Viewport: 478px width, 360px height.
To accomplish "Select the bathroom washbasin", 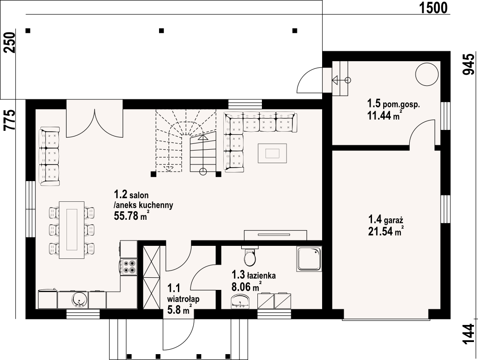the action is pyautogui.click(x=240, y=301).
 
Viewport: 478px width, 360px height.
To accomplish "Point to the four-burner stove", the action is pyautogui.click(x=128, y=267).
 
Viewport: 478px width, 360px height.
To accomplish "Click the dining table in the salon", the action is pyautogui.click(x=72, y=230).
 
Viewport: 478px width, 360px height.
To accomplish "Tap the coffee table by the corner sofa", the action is pyautogui.click(x=272, y=153).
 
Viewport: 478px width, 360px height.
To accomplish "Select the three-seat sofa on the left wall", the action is pyautogui.click(x=49, y=156).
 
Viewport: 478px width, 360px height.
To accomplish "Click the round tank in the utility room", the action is pyautogui.click(x=427, y=75).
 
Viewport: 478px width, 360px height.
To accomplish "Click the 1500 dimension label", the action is pyautogui.click(x=434, y=8).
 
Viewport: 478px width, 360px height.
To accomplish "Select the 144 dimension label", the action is pyautogui.click(x=469, y=334).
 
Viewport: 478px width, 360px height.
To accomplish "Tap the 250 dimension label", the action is pyautogui.click(x=10, y=42).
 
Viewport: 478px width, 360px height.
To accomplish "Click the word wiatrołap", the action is pyautogui.click(x=183, y=299).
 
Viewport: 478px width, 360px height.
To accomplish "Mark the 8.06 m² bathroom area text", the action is pyautogui.click(x=245, y=287).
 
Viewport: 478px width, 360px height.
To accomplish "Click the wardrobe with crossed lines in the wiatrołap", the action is pyautogui.click(x=151, y=277).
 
